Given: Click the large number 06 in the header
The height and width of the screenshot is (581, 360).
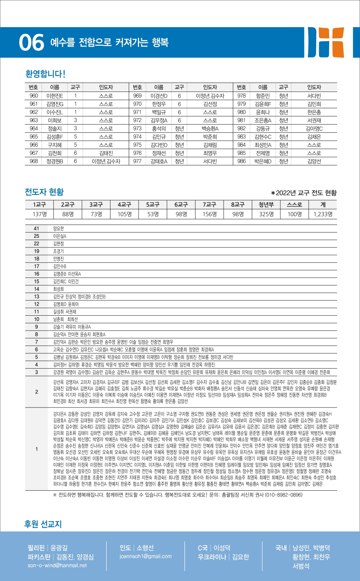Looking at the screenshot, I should (x=31, y=42).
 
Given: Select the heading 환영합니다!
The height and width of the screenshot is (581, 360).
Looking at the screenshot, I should (x=45, y=74).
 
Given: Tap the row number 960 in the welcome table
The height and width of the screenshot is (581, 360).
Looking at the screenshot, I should (x=34, y=96).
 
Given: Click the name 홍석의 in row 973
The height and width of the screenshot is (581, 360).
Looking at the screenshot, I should (x=159, y=128).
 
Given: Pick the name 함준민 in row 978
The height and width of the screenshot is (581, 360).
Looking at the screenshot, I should (x=263, y=96).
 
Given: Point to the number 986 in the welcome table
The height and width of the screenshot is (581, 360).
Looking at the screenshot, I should (x=242, y=161).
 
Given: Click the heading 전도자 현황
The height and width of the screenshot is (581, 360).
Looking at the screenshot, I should (x=44, y=192).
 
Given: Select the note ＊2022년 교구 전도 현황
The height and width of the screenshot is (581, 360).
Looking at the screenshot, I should (x=304, y=193).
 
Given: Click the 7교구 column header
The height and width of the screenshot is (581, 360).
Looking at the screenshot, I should (x=210, y=205).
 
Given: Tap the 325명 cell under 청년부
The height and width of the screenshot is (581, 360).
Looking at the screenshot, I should (x=266, y=214).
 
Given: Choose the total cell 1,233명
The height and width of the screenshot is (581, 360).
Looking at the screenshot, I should (x=323, y=214).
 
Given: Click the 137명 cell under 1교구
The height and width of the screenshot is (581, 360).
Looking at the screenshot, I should (x=40, y=214).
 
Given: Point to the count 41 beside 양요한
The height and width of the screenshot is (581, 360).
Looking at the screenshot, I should (x=37, y=228).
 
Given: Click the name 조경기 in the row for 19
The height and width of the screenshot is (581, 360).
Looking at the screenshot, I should (x=59, y=251).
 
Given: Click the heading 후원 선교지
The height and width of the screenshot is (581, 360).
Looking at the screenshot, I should (x=43, y=524).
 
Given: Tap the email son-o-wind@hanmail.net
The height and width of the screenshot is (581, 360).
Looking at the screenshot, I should (x=57, y=565).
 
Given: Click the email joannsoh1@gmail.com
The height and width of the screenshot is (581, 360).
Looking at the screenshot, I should (x=146, y=556).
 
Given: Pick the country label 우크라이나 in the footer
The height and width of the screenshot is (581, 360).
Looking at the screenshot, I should (x=213, y=557).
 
